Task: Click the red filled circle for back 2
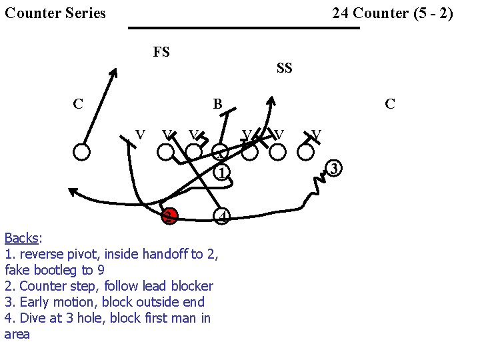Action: click(169, 216)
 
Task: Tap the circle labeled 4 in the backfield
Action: click(223, 216)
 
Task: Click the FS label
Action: click(161, 52)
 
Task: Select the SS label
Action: click(284, 68)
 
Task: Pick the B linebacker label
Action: click(217, 104)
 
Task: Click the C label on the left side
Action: click(78, 104)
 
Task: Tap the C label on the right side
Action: click(390, 104)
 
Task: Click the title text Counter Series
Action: click(55, 13)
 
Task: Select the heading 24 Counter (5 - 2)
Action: click(393, 13)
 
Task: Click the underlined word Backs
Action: click(22, 238)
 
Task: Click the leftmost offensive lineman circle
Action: click(82, 152)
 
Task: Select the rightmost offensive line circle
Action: click(306, 152)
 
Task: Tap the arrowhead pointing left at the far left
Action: click(73, 193)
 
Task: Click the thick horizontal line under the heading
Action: click(243, 28)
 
